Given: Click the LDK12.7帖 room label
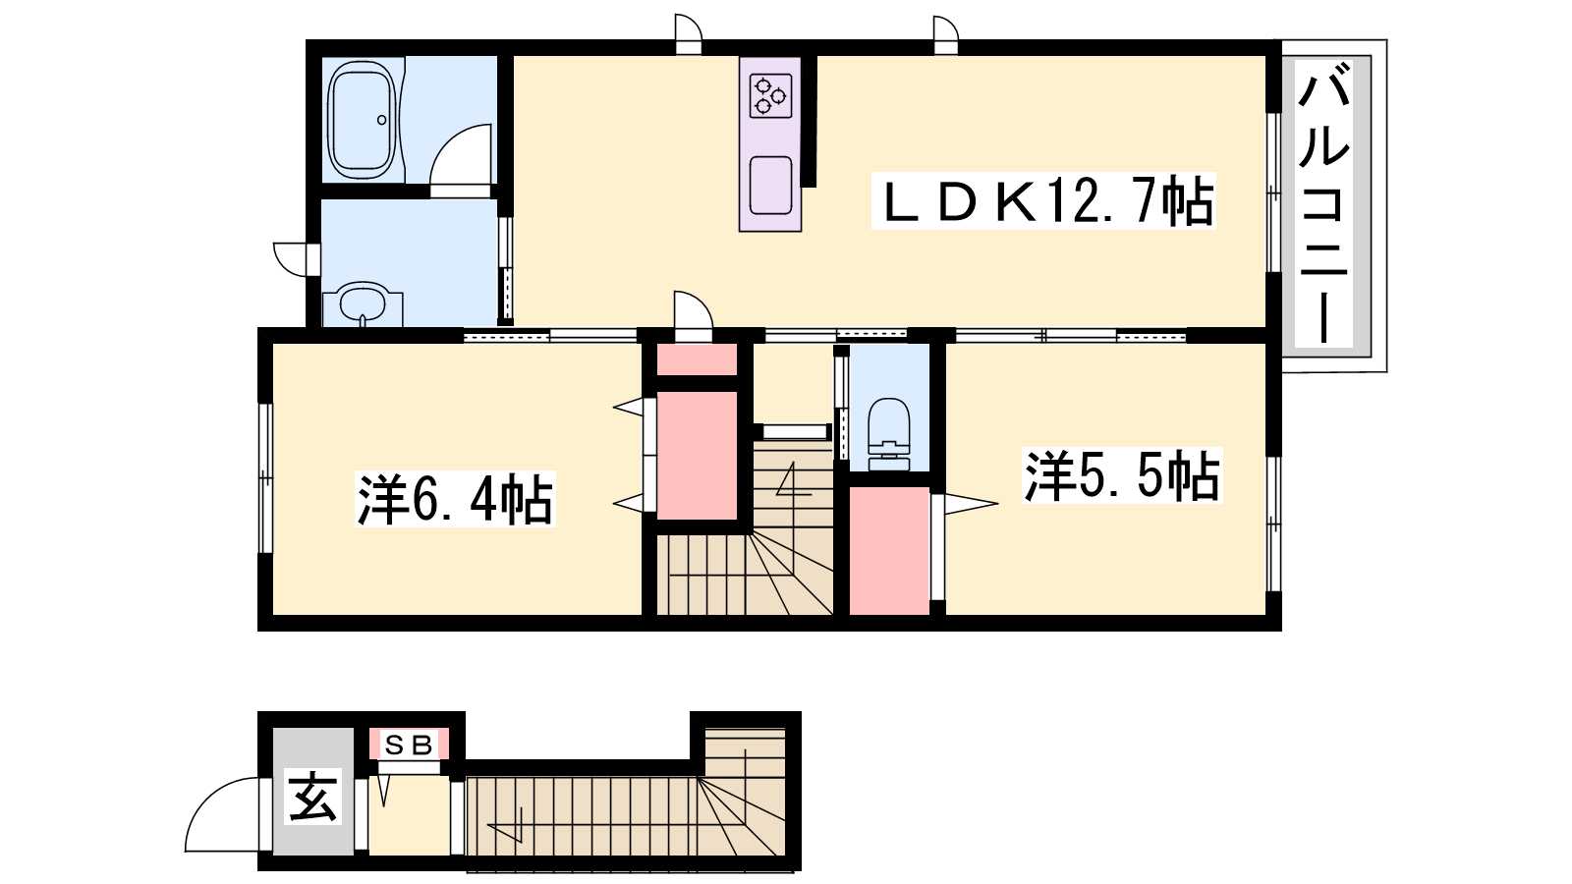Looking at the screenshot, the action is [1043, 200].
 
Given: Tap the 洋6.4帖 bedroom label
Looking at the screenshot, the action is [455, 499].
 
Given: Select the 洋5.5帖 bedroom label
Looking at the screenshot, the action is [1122, 475].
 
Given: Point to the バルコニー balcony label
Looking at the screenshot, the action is [1323, 203].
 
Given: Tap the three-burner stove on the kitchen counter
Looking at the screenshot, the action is [770, 96].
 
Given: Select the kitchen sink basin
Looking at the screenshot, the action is [770, 186].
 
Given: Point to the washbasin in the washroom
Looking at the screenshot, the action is [363, 305].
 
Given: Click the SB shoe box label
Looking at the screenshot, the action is [409, 746].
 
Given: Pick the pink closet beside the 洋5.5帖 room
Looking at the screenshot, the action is [889, 550].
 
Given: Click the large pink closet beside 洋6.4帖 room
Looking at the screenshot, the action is [697, 456].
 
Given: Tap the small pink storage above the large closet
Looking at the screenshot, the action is [697, 359].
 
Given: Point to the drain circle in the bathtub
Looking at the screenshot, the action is [382, 120].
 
